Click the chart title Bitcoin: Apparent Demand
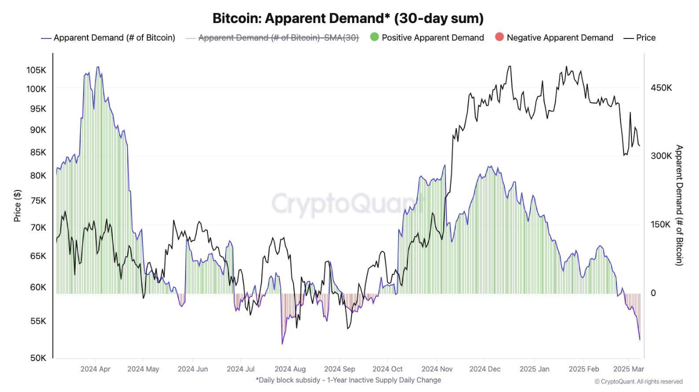click(x=348, y=18)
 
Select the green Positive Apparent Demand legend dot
click(x=374, y=37)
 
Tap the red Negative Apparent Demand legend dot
click(x=499, y=37)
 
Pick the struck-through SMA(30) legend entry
click(x=278, y=37)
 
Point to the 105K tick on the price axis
click(x=36, y=70)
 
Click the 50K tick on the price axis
click(x=37, y=358)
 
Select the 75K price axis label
click(x=37, y=200)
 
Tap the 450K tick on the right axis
click(x=661, y=88)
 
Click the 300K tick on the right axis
click(x=661, y=156)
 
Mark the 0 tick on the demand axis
click(x=653, y=293)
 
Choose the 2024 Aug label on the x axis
click(x=290, y=369)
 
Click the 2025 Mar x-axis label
click(x=628, y=369)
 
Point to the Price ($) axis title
click(x=17, y=206)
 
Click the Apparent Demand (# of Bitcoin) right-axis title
click(x=679, y=205)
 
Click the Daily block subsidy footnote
click(x=348, y=380)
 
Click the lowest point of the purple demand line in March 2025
click(x=639, y=340)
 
